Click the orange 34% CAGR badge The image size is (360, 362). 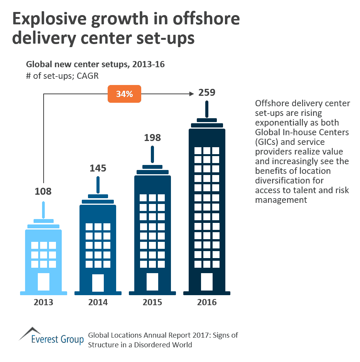[x=124, y=94]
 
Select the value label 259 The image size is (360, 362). [x=206, y=93]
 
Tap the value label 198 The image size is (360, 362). [x=152, y=138]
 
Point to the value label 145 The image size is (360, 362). [x=98, y=168]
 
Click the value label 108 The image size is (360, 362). [x=43, y=191]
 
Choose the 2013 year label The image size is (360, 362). [x=43, y=302]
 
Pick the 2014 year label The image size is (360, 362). [x=98, y=302]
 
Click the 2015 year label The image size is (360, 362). [x=152, y=302]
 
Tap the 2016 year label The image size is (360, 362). [x=207, y=302]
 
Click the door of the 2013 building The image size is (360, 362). [x=43, y=282]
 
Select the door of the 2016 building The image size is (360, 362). [x=207, y=282]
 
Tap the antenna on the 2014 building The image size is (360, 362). [x=98, y=185]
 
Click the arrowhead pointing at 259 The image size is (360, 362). [x=191, y=93]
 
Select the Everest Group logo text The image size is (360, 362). [x=57, y=340]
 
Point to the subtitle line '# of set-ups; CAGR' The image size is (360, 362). [x=62, y=76]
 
